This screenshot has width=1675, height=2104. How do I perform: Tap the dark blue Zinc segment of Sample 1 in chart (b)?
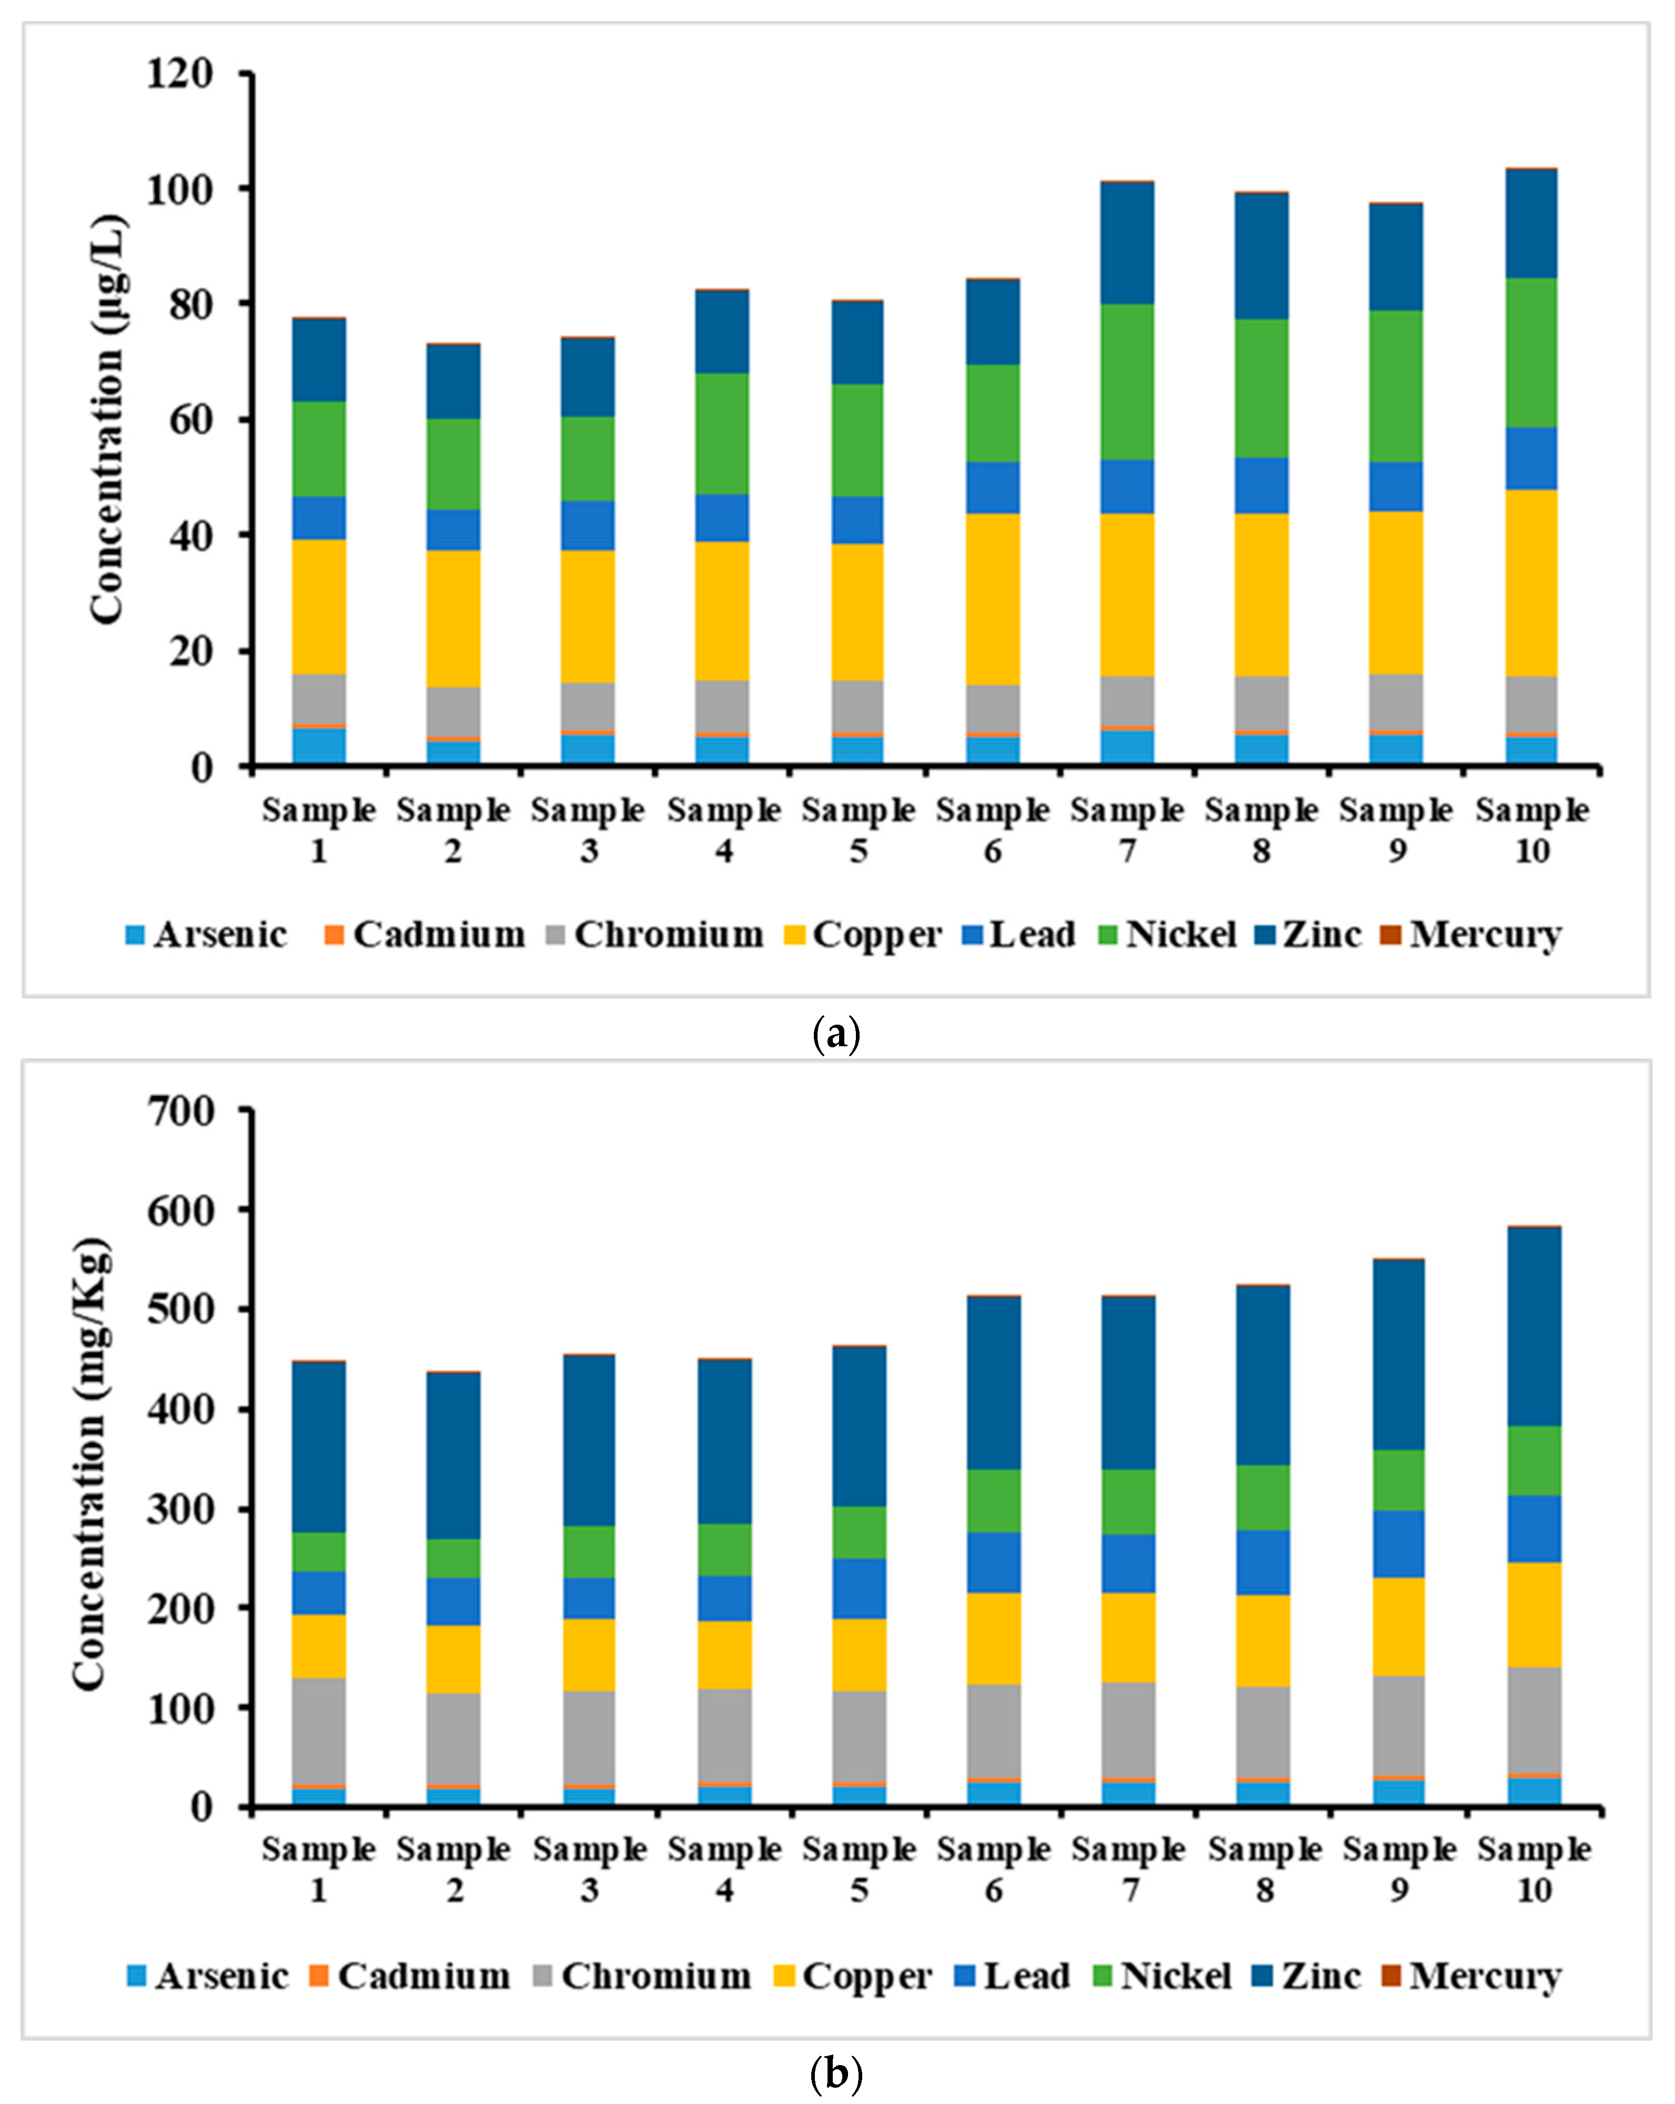pyautogui.click(x=319, y=1447)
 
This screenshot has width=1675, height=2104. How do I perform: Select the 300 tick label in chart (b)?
pyautogui.click(x=180, y=1509)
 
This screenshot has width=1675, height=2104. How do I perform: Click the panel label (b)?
pyautogui.click(x=836, y=2073)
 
